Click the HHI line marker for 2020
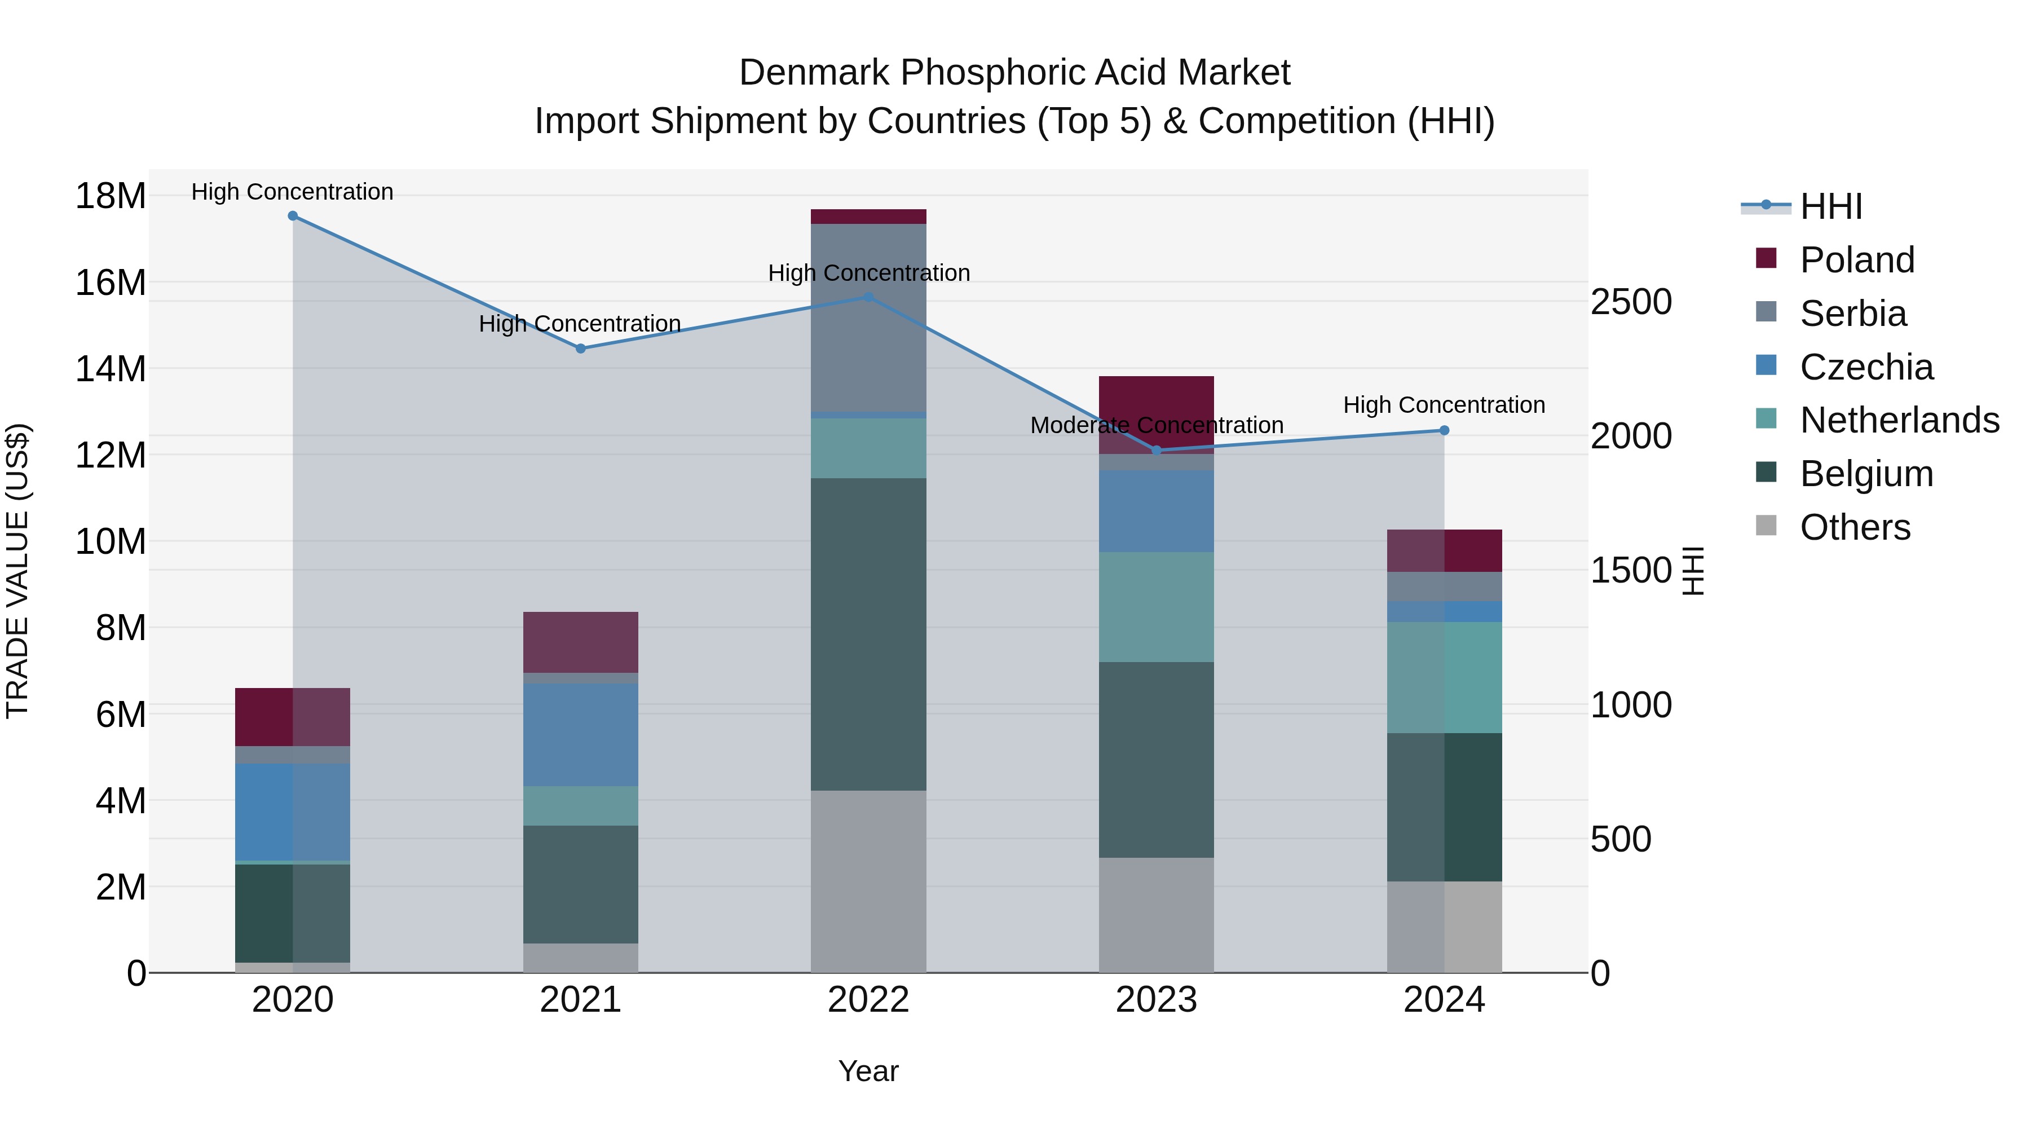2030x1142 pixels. tap(292, 216)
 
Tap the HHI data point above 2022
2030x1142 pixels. tap(868, 297)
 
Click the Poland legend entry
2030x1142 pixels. tap(1857, 260)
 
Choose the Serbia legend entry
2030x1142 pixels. tap(1853, 314)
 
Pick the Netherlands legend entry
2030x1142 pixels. tap(1899, 420)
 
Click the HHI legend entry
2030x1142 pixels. tap(1830, 206)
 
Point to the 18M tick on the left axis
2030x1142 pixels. tap(111, 196)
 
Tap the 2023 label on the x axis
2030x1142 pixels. tap(1156, 1000)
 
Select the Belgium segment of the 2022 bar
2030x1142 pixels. tap(868, 634)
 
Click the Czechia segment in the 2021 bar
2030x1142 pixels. tap(581, 734)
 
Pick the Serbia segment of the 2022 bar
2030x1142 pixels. tap(868, 318)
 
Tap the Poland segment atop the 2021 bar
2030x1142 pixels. tap(581, 642)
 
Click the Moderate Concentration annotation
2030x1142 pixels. tap(1156, 426)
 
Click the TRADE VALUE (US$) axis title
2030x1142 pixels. tap(17, 571)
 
